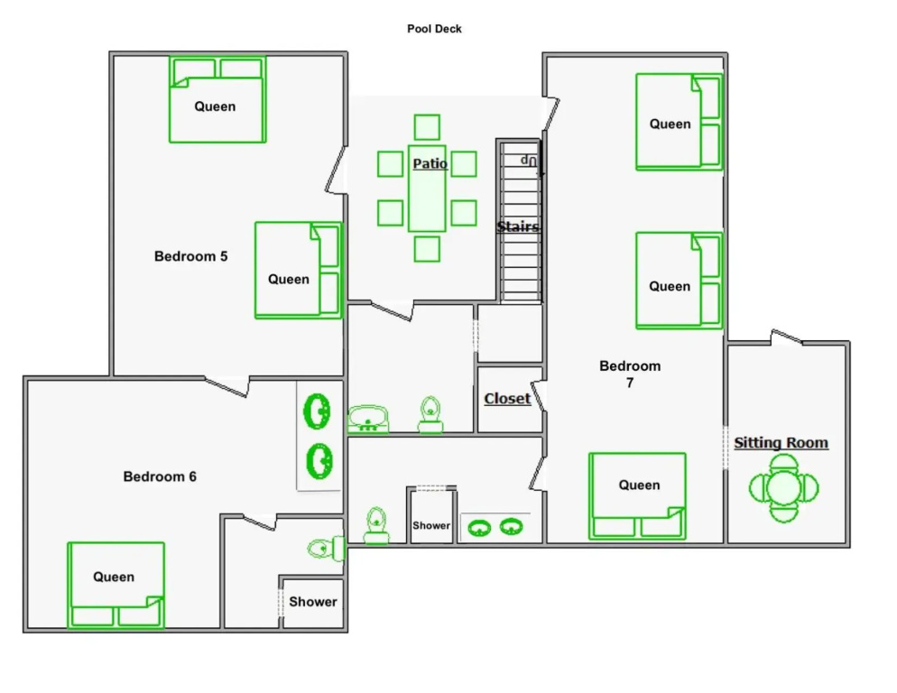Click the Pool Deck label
point(434,29)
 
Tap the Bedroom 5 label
point(191,256)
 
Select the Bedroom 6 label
point(160,476)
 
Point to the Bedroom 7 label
point(630,374)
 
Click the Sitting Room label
point(781,442)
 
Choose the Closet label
point(507,398)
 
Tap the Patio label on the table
point(430,163)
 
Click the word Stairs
point(518,226)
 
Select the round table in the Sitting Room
point(783,488)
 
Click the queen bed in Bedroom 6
point(116,585)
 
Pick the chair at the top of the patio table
point(427,127)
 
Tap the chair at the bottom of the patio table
point(427,249)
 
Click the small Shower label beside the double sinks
point(431,525)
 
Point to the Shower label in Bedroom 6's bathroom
point(313,602)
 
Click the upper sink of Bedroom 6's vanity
point(317,411)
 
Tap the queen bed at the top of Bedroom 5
point(217,99)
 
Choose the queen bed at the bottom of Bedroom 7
point(637,496)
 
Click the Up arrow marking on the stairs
point(529,161)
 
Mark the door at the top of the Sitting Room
point(787,337)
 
